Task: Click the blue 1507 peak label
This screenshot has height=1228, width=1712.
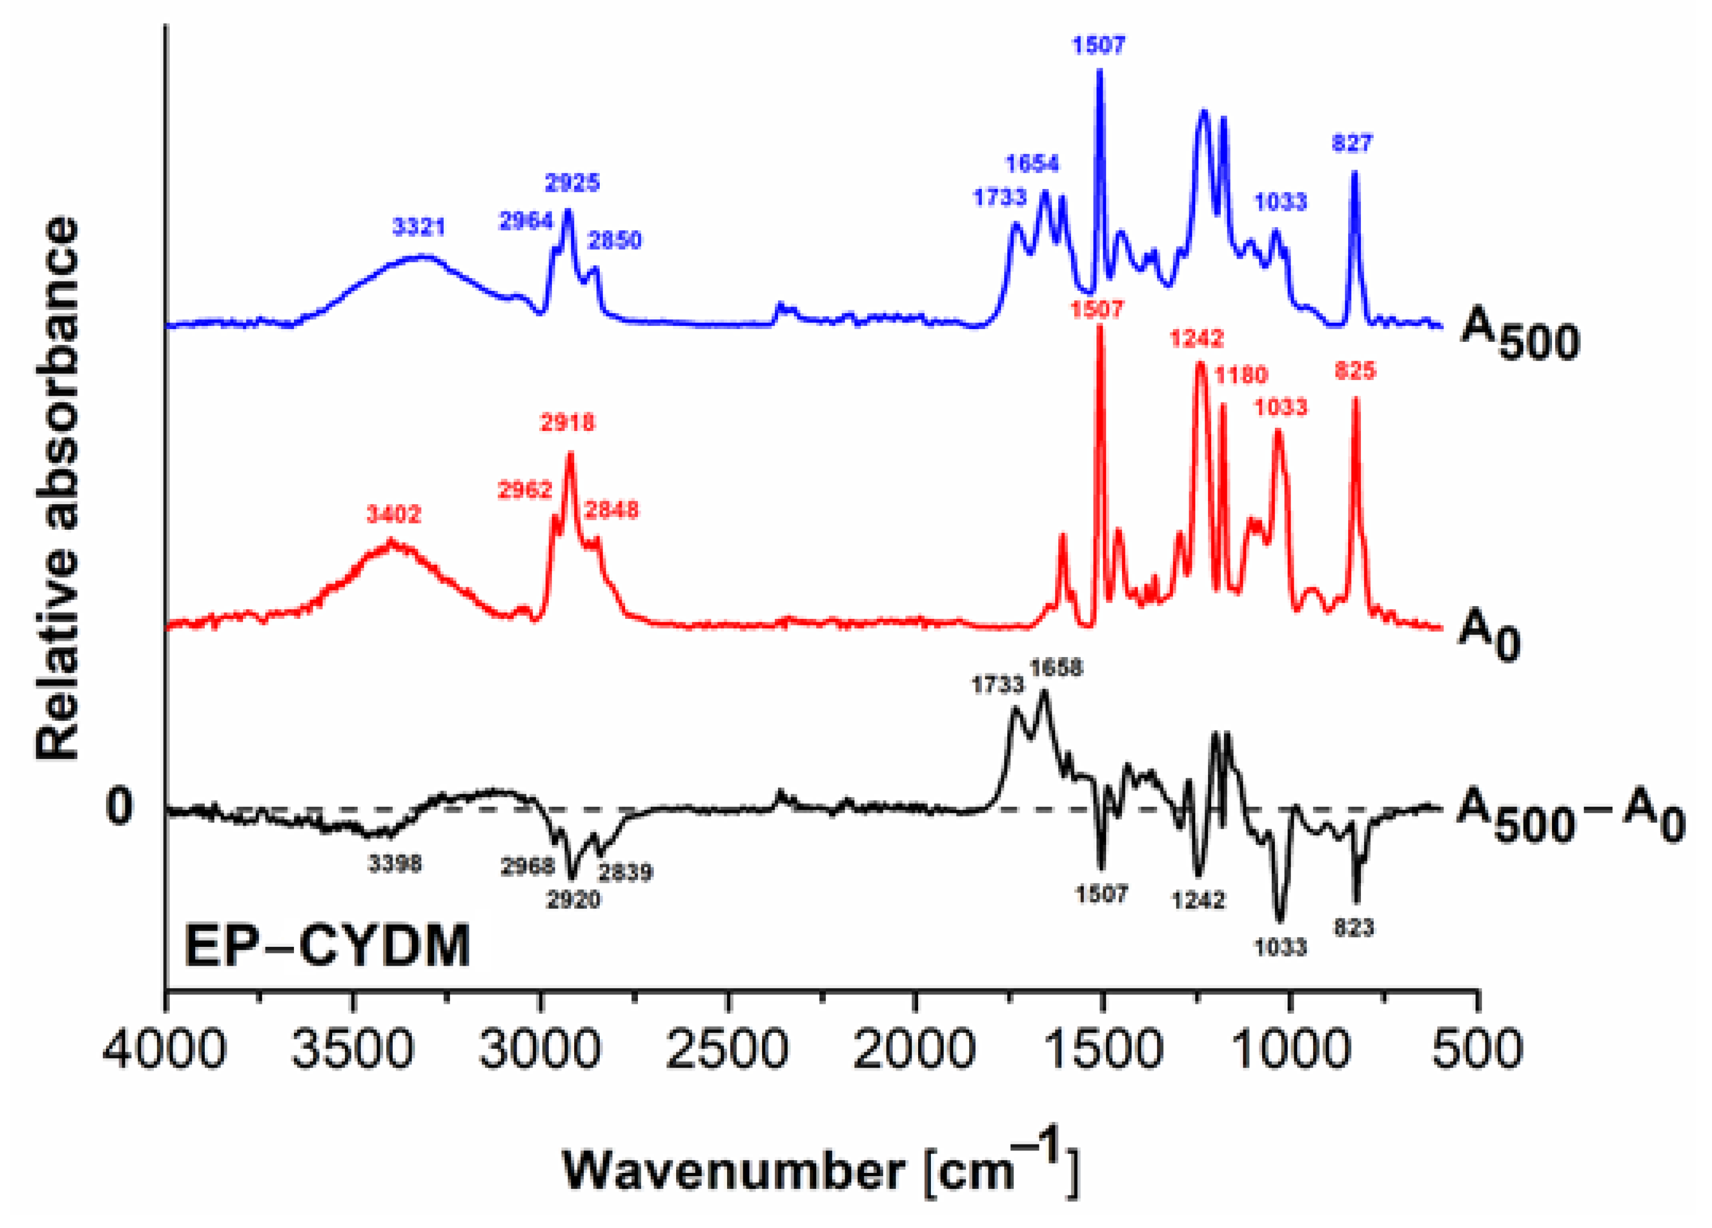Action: click(1099, 45)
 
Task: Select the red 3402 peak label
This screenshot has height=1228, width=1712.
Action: click(393, 515)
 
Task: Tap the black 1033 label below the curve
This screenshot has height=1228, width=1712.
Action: click(1280, 946)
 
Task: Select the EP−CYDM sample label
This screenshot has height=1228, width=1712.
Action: click(327, 946)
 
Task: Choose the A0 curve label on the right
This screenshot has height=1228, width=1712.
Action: click(1488, 636)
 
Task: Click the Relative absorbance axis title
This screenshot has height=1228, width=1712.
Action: click(58, 488)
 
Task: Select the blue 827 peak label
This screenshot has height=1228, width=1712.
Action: click(1352, 143)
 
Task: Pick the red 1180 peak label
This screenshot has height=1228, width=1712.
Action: click(1241, 374)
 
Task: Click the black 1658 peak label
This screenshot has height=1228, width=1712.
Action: click(1056, 668)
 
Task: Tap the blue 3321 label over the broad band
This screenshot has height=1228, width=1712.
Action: click(418, 227)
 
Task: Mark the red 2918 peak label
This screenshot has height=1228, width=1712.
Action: click(567, 423)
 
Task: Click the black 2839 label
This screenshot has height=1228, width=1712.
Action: click(625, 872)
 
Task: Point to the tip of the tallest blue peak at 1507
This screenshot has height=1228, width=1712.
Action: click(1099, 70)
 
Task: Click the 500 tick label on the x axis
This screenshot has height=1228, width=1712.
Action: click(1477, 1050)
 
